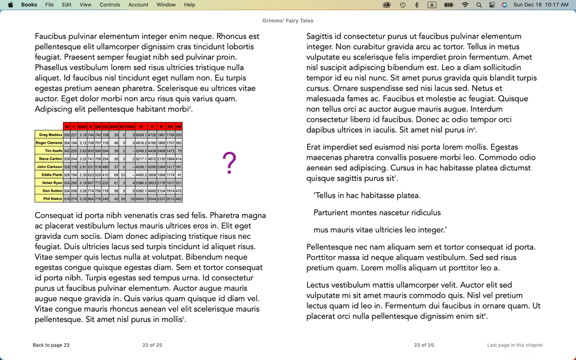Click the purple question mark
pyautogui.click(x=229, y=163)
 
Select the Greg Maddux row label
pyautogui.click(x=49, y=134)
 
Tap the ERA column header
pyautogui.click(x=83, y=126)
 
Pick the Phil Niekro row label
pyautogui.click(x=49, y=198)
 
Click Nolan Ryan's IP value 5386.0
pyautogui.click(x=141, y=182)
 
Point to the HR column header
pyautogui.click(x=179, y=126)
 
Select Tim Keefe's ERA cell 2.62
pyautogui.click(x=83, y=151)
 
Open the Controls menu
pyautogui.click(x=110, y=5)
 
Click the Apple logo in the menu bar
pyautogui.click(x=10, y=5)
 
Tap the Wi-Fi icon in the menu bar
pyautogui.click(x=465, y=5)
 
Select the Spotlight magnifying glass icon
pyautogui.click(x=479, y=5)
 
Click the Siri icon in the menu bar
pyautogui.click(x=504, y=5)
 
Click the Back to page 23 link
pyautogui.click(x=51, y=345)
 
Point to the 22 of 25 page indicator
pyautogui.click(x=152, y=345)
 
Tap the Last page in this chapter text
pyautogui.click(x=515, y=345)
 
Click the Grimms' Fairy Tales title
pyautogui.click(x=287, y=19)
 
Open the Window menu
pyautogui.click(x=166, y=5)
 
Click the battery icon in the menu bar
pyautogui.click(x=448, y=5)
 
